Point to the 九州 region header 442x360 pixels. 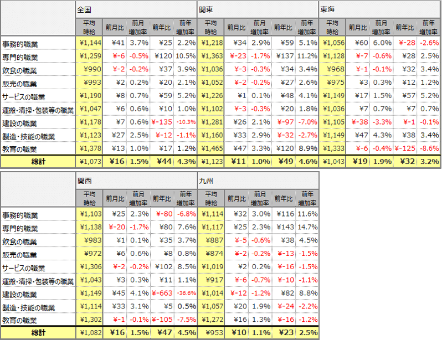coord(206,180)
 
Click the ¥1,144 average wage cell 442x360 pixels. coord(89,43)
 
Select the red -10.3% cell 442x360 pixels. coord(186,122)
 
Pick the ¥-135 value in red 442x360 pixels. coord(161,122)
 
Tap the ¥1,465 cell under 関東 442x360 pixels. coord(211,148)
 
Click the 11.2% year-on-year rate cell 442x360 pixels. coord(308,56)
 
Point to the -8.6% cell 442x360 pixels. coord(429,148)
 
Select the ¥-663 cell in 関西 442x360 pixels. coord(161,294)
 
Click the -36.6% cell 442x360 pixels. coord(186,294)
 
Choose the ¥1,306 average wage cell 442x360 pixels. coord(89,267)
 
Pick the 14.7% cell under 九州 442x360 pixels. coord(308,228)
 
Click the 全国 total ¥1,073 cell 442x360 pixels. coord(89,162)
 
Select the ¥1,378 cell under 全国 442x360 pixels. coord(89,148)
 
